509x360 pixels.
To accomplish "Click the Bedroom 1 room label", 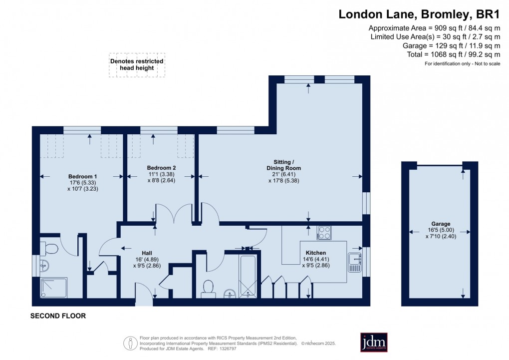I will click(x=82, y=177).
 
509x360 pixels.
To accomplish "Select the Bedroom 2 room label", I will click(x=161, y=168).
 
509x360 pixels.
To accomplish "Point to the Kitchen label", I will click(x=316, y=253).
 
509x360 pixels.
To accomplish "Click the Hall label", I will click(x=146, y=253).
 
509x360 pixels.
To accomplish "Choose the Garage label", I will click(x=441, y=224).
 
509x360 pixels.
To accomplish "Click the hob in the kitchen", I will click(x=324, y=233).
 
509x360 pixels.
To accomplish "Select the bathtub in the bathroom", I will click(x=249, y=277).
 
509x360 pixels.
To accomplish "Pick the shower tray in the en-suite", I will click(x=53, y=288).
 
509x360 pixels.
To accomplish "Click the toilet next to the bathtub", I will click(x=208, y=288).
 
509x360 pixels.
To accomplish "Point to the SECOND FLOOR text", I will click(x=58, y=316).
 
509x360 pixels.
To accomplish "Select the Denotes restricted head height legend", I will click(x=137, y=64).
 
